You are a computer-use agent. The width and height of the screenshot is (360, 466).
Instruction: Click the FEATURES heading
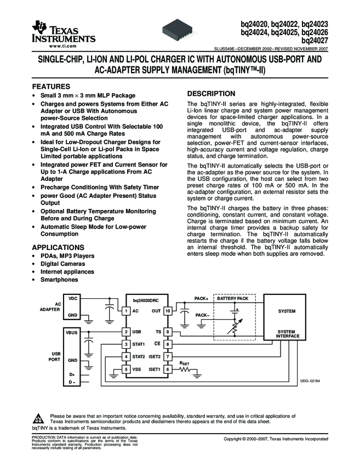coord(51,87)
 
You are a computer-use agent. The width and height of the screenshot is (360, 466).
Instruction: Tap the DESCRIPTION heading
coord(211,93)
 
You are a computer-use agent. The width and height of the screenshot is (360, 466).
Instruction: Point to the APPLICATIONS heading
coord(58,247)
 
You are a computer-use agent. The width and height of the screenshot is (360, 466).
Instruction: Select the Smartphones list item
coord(59,280)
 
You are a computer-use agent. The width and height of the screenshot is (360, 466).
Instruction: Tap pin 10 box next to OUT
coord(168,311)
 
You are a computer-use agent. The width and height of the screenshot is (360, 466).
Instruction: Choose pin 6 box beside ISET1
coord(168,370)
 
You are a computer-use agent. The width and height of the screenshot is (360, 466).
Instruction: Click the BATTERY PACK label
coord(232,298)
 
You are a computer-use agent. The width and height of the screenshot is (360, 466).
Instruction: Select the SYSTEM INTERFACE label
coord(288,334)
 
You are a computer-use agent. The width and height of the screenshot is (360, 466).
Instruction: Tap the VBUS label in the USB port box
coord(72,332)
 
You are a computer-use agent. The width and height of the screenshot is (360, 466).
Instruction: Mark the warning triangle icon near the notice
coord(37,417)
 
